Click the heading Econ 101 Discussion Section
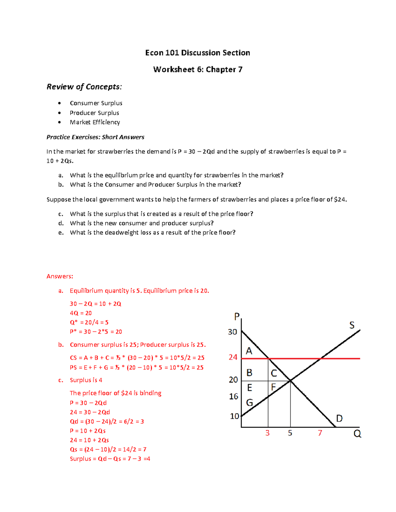click(x=197, y=53)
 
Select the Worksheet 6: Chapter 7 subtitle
click(x=198, y=70)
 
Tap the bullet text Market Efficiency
click(x=95, y=122)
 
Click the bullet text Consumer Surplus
click(x=96, y=103)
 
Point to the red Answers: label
click(x=60, y=276)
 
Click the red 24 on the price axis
click(x=233, y=357)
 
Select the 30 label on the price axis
click(x=232, y=332)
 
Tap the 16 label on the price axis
click(x=233, y=396)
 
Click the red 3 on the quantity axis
click(x=267, y=433)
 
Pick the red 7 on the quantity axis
click(x=320, y=433)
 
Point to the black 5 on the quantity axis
click(x=290, y=433)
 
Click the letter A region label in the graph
click(x=249, y=351)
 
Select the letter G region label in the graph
click(x=249, y=403)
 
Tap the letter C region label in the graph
click(x=274, y=373)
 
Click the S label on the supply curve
click(x=352, y=325)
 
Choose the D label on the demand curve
click(x=339, y=419)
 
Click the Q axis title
click(x=357, y=434)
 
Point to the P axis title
click(x=237, y=317)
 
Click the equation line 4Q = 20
click(x=81, y=313)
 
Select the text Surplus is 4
click(x=86, y=380)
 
